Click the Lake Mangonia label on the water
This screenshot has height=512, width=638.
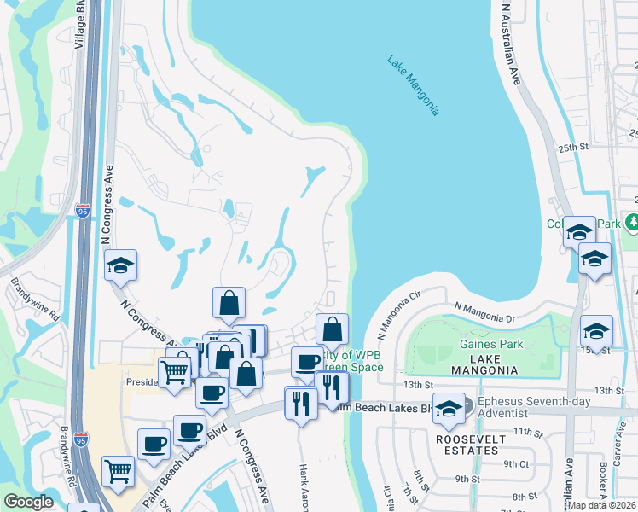(x=414, y=85)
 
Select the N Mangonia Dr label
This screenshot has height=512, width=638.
(x=485, y=311)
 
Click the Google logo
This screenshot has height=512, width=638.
(x=28, y=502)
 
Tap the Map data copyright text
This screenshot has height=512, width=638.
(x=600, y=504)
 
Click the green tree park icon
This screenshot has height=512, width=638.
(x=632, y=224)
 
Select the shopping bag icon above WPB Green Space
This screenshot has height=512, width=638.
(x=332, y=329)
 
